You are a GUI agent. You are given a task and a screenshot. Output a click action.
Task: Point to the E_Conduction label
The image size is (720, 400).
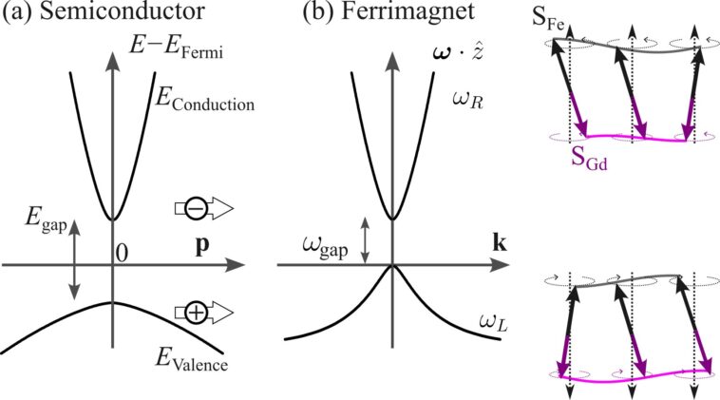tap(204, 100)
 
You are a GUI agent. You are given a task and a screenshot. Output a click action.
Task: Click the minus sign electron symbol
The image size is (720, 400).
tap(197, 208)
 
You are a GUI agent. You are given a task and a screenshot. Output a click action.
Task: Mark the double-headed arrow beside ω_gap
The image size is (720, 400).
tap(365, 240)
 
